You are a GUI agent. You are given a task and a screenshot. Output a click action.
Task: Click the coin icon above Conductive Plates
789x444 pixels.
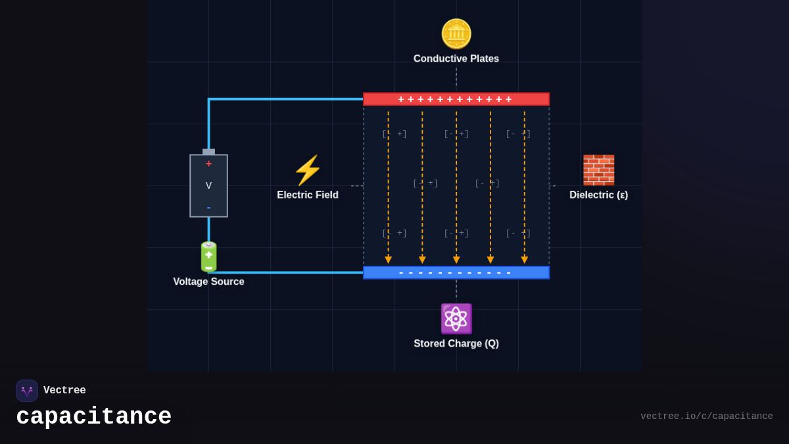(456, 34)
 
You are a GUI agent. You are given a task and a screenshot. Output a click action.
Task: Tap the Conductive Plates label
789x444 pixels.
(456, 59)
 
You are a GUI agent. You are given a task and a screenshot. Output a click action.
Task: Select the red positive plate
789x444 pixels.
(456, 99)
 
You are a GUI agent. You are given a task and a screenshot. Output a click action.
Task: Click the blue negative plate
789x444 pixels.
(456, 272)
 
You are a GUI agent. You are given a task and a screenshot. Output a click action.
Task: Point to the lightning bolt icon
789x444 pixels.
(307, 170)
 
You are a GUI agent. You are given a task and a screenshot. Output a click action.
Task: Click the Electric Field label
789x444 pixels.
(307, 195)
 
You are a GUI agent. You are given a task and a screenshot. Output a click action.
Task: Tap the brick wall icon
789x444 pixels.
(598, 170)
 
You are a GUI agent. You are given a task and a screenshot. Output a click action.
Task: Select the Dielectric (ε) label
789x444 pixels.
(598, 195)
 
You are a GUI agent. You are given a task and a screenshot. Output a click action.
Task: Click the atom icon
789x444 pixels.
(456, 319)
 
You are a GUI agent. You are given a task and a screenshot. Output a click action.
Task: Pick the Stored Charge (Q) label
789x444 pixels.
(456, 343)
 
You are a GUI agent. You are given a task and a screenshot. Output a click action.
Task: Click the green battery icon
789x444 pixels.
(208, 257)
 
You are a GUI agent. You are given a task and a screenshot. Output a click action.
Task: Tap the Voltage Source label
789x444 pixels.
(208, 282)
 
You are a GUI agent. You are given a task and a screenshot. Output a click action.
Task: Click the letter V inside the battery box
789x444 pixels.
(208, 185)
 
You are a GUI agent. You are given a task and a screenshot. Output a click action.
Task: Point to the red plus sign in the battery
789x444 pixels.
(208, 164)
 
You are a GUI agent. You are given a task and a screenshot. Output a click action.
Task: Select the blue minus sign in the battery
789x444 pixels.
(208, 208)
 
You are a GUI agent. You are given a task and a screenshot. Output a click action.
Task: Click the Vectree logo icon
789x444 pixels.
(27, 391)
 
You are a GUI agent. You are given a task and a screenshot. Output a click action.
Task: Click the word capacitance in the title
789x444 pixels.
(93, 417)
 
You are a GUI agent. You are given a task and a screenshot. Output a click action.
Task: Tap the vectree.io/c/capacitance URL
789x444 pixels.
(706, 416)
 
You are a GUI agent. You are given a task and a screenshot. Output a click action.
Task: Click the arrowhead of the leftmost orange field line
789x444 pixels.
(388, 260)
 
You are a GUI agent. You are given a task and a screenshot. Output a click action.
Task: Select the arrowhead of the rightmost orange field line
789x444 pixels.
(524, 260)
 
